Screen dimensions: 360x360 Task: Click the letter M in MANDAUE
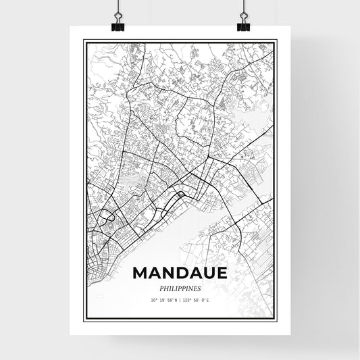tap(141, 272)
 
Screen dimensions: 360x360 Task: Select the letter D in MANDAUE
tap(180, 272)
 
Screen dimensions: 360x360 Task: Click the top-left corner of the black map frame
tap(84, 41)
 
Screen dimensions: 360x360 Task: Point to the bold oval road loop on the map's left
tap(107, 217)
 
